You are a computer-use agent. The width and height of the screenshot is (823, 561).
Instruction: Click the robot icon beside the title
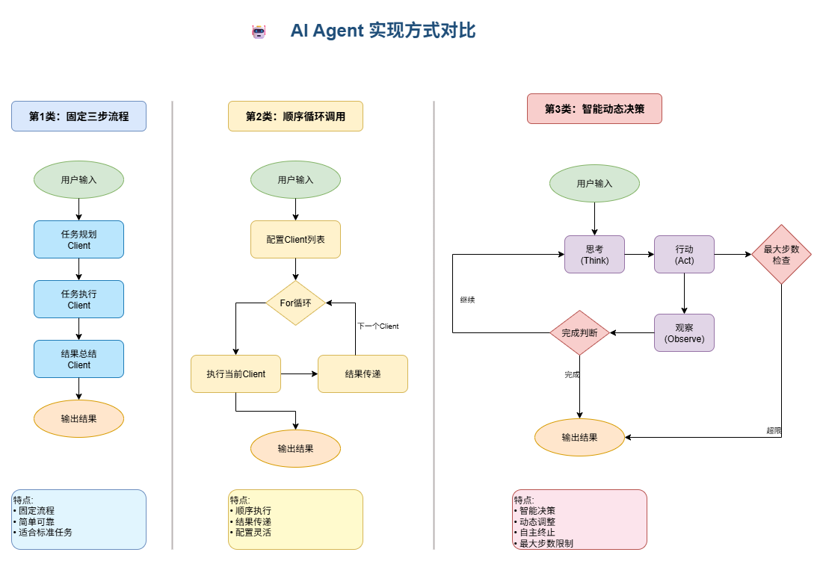(259, 31)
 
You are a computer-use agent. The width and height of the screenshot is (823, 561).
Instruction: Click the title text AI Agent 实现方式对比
(383, 31)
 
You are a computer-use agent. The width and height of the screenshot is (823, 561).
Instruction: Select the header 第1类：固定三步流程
(78, 117)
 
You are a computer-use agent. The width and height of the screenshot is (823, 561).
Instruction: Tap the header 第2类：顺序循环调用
(295, 117)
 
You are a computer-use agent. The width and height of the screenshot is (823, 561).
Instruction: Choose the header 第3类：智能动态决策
(594, 109)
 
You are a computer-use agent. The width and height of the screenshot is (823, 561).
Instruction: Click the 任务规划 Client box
(78, 239)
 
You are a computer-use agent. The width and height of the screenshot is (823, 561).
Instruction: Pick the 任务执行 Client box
(78, 299)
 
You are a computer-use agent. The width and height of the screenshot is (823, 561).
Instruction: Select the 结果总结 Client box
(78, 359)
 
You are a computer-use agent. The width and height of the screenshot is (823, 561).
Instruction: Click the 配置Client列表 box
(295, 239)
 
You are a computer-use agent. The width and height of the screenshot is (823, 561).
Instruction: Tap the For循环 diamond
(295, 303)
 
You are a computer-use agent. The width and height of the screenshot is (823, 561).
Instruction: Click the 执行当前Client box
(235, 374)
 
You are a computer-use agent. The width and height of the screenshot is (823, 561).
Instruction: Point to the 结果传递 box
(363, 374)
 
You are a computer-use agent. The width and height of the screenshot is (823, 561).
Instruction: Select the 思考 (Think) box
(594, 255)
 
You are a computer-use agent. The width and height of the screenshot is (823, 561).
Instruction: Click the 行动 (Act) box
(684, 255)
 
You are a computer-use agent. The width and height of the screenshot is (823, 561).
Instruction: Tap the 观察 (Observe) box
(684, 332)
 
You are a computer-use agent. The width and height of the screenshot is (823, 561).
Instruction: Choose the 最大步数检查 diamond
(781, 255)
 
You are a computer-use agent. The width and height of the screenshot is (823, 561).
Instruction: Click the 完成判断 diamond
(579, 332)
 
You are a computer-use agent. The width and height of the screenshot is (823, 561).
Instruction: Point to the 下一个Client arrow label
(377, 326)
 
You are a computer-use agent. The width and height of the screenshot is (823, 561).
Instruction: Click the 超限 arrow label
(774, 430)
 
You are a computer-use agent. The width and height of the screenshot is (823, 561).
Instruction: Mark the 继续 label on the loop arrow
(468, 300)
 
